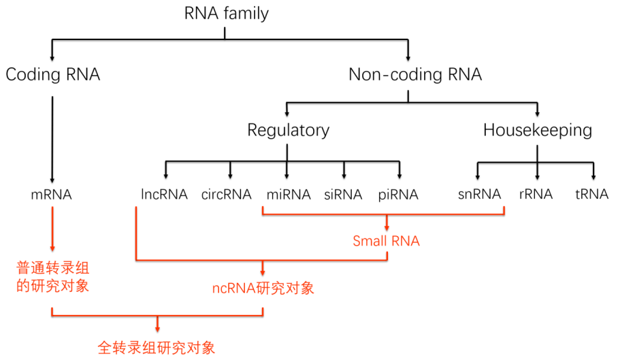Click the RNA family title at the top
[x=227, y=12]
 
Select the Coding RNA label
[x=52, y=75]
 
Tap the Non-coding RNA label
[x=415, y=75]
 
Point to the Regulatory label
[x=288, y=130]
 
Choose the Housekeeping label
[x=538, y=130]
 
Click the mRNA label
[x=52, y=195]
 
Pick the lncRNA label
[x=163, y=195]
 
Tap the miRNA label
[x=289, y=195]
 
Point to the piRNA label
[x=398, y=195]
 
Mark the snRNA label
[x=479, y=195]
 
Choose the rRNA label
[x=536, y=195]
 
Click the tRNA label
[x=591, y=195]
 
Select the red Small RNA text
[x=386, y=241]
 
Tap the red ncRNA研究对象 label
[x=263, y=288]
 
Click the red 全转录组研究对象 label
[x=157, y=348]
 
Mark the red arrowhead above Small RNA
[x=387, y=227]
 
